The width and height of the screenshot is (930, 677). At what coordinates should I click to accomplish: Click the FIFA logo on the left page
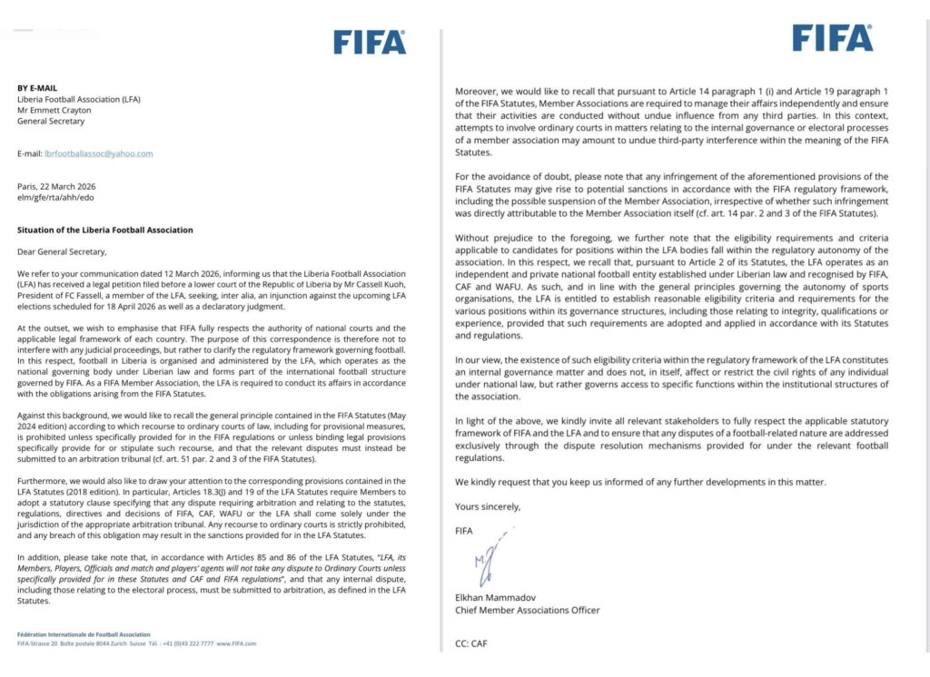tap(369, 42)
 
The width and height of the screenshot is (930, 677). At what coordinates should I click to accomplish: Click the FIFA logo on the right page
tap(832, 37)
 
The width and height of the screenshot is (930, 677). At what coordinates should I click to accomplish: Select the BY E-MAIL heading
tap(37, 88)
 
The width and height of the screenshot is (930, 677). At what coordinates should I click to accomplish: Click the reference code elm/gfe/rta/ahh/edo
tap(55, 197)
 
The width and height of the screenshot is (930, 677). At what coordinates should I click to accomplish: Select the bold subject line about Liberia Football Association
tap(104, 231)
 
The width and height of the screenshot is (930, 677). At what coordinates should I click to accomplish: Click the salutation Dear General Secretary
tap(62, 252)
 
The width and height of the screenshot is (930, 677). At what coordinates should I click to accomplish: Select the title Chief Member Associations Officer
tap(528, 610)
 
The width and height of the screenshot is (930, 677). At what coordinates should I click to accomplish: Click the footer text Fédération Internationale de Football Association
tap(84, 634)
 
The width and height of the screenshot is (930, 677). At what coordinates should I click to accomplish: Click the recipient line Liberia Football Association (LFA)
tap(79, 99)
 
